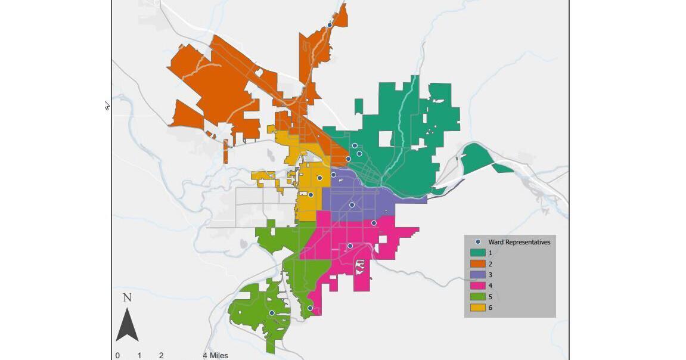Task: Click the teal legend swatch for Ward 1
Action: [x=478, y=253]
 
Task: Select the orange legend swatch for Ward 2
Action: [x=478, y=263]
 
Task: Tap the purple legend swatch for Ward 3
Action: [x=478, y=275]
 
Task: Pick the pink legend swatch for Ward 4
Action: [x=478, y=285]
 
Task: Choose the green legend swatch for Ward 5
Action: [x=478, y=297]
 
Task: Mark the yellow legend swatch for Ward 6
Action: [x=478, y=308]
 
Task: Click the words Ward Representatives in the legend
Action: [x=519, y=242]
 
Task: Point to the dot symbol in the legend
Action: [x=478, y=242]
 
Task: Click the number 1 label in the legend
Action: [x=491, y=253]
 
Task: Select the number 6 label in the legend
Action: [x=491, y=308]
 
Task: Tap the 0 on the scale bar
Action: [x=117, y=356]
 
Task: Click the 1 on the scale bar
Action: [x=139, y=356]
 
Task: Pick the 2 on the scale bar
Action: [x=161, y=356]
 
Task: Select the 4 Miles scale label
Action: [x=215, y=356]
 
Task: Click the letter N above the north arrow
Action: [x=127, y=297]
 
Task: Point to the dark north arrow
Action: [x=127, y=325]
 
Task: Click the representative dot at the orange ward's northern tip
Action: [x=330, y=25]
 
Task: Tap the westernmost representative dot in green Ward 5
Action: [x=272, y=313]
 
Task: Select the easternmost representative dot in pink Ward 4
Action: [x=374, y=224]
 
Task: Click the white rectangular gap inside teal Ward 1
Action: [x=386, y=139]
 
